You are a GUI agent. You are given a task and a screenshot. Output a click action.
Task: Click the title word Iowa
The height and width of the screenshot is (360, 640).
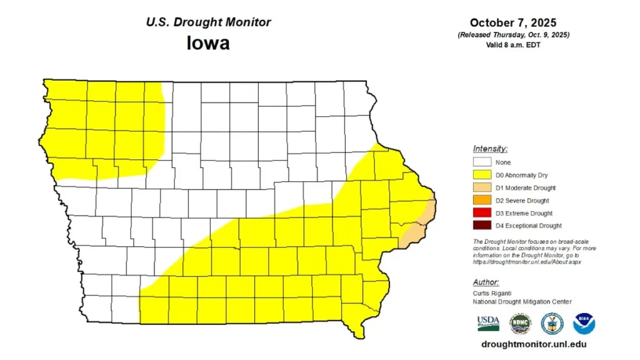pos(208,43)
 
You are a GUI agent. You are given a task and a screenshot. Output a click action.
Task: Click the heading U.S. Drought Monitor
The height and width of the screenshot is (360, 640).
pos(208,22)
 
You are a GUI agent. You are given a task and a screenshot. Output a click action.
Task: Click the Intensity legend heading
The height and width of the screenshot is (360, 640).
pos(490,149)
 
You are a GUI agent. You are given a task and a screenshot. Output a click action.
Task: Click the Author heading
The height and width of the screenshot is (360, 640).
pos(486,281)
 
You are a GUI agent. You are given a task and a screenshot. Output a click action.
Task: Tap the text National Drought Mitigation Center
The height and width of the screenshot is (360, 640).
pos(522,302)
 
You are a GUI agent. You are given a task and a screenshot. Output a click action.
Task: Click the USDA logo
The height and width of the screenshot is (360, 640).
pos(488,323)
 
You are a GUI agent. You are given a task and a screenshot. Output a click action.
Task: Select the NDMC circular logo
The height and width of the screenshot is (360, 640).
pos(520,323)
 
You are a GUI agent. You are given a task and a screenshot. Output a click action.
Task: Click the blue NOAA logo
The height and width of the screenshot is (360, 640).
pos(584,323)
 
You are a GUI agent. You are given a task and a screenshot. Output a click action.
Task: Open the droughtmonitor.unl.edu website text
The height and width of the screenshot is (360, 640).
pos(534,344)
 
